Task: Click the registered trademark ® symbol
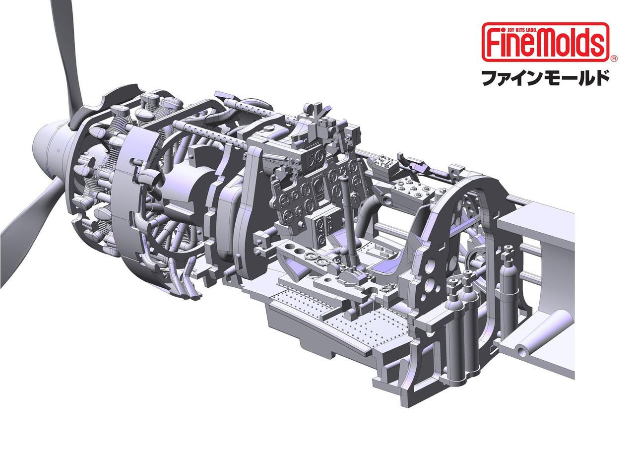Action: (x=613, y=59)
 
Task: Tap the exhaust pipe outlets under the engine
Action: (x=191, y=293)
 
